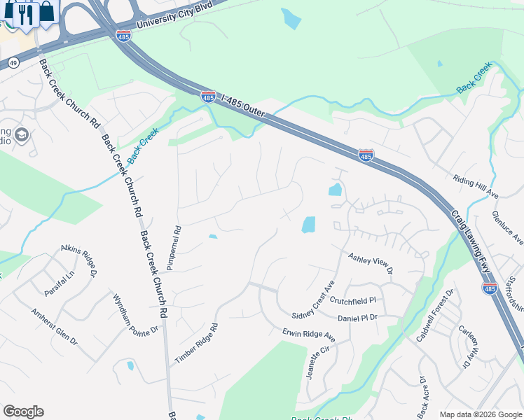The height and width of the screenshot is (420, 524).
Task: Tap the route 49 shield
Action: pyautogui.click(x=13, y=62)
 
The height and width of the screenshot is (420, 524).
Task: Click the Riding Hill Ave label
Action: pyautogui.click(x=476, y=187)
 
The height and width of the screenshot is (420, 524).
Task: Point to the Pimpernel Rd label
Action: pyautogui.click(x=174, y=248)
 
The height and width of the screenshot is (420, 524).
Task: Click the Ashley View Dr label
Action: pyautogui.click(x=371, y=264)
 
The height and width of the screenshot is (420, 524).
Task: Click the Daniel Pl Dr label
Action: pyautogui.click(x=357, y=318)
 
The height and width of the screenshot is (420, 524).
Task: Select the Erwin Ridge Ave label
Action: pyautogui.click(x=309, y=336)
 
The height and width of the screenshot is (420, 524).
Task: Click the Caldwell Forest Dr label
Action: pyautogui.click(x=435, y=315)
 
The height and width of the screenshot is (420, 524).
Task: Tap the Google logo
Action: pyautogui.click(x=23, y=412)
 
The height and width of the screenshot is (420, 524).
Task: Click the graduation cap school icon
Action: pyautogui.click(x=21, y=134)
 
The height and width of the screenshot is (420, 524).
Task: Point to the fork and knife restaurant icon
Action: pyautogui.click(x=26, y=13)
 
